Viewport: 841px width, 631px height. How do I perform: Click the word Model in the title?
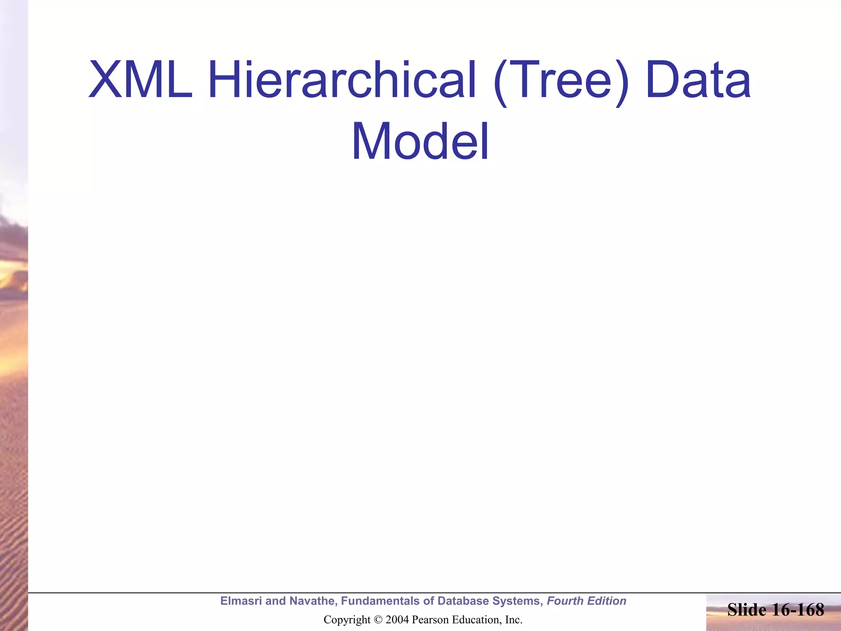(420, 141)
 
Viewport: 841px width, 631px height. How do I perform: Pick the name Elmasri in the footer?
(241, 601)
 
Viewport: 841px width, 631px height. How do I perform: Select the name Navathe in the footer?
(312, 601)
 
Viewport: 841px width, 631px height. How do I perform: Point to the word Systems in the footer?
(517, 601)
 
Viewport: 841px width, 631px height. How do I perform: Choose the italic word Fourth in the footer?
(565, 601)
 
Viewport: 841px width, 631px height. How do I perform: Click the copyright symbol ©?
(379, 620)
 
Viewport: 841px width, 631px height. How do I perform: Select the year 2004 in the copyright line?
(397, 620)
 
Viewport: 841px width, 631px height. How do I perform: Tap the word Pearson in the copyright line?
(428, 620)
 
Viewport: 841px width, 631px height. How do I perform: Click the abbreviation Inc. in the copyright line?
(513, 620)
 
